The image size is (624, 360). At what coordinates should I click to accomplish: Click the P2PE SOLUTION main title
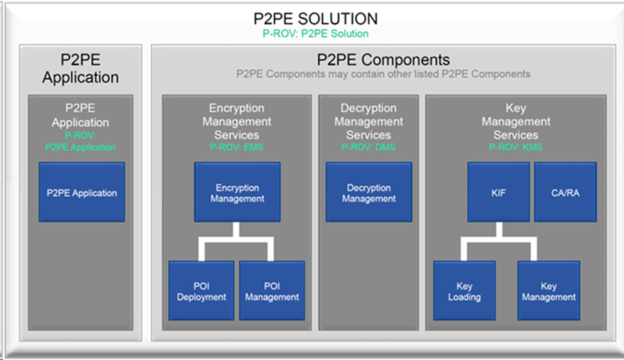[x=315, y=19]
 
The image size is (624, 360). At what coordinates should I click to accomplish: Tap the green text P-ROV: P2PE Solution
[x=315, y=33]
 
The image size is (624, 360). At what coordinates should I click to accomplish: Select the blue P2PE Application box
[x=82, y=192]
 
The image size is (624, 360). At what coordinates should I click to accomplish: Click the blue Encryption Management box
[x=237, y=192]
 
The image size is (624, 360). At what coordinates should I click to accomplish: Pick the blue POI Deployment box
[x=201, y=290]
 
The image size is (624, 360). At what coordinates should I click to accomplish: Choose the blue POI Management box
[x=272, y=290]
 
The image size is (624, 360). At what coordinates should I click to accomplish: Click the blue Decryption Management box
[x=368, y=192]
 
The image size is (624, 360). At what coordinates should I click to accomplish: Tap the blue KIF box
[x=498, y=192]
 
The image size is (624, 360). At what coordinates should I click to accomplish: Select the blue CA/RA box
[x=565, y=192]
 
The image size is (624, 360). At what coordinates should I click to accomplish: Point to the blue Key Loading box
[x=464, y=290]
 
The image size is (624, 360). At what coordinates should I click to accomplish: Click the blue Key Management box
[x=549, y=290]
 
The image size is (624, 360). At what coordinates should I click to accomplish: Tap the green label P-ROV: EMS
[x=237, y=147]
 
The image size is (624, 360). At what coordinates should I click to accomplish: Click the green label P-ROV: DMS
[x=368, y=147]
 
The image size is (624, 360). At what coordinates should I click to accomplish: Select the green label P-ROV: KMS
[x=516, y=147]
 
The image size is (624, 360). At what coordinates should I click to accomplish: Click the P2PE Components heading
[x=383, y=60]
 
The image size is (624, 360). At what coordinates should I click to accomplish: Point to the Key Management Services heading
[x=516, y=121]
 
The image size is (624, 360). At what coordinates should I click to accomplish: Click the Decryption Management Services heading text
[x=368, y=121]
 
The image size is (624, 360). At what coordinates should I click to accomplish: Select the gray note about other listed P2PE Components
[x=383, y=74]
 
